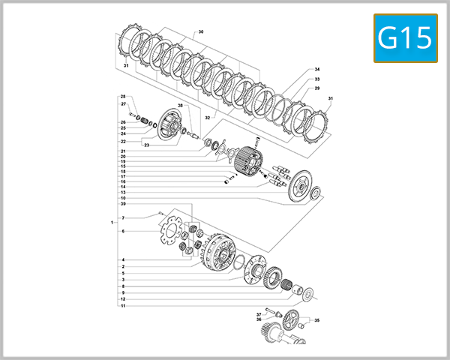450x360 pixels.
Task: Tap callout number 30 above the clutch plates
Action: click(200, 33)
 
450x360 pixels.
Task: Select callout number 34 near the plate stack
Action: click(317, 69)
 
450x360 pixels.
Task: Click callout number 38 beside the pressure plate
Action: click(180, 105)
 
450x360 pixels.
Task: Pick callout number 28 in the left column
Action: click(123, 97)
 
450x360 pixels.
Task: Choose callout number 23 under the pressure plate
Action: click(147, 145)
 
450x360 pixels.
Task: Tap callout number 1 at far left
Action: click(111, 223)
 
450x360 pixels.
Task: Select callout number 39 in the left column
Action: click(123, 204)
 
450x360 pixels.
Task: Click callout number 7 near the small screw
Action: click(123, 218)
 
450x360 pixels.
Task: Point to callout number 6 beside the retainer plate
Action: click(123, 232)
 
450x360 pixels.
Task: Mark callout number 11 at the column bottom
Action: click(123, 306)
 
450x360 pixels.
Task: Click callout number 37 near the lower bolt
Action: click(259, 314)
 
